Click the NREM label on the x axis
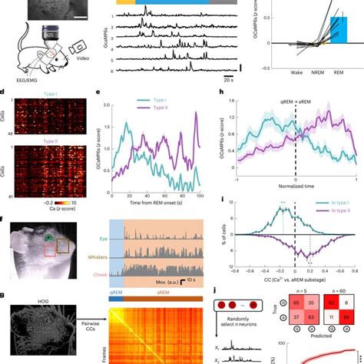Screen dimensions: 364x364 [x=305, y=78]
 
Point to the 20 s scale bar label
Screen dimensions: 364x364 [x=228, y=78]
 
